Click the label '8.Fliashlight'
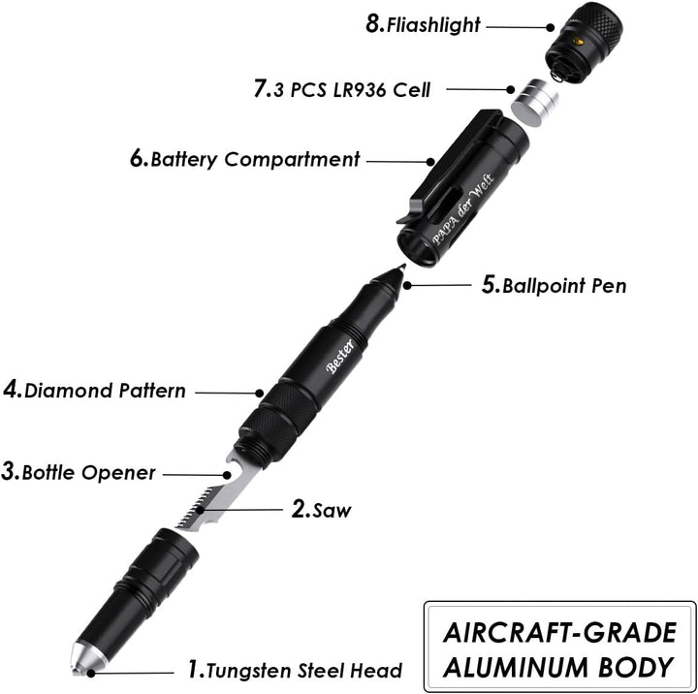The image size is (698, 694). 423,24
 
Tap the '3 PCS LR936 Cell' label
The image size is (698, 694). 352,89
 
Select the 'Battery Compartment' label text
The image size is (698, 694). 255,160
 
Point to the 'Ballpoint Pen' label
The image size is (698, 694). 564,286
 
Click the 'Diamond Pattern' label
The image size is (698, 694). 105,391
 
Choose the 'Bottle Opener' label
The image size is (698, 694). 88,472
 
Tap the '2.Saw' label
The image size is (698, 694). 321,509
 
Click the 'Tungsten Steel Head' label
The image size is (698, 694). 304,671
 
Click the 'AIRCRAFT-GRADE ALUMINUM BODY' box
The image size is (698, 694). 559,647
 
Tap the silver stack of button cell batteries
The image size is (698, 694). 534,103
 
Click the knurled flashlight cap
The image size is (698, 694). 584,43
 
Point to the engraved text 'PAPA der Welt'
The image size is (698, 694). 463,208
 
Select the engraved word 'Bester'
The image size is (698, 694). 340,356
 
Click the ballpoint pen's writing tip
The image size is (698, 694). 402,268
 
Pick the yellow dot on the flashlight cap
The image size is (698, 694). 578,42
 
